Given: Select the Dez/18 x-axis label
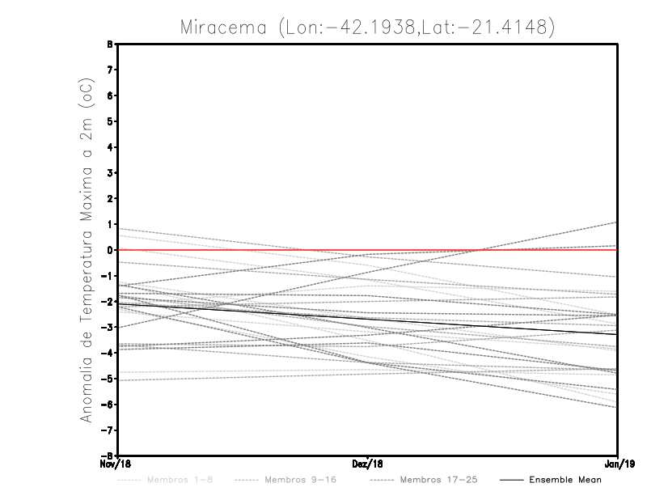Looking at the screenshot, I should [x=368, y=464].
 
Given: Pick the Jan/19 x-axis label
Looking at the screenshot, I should [x=618, y=464].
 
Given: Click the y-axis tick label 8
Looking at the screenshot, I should [x=110, y=44].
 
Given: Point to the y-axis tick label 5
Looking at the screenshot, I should [x=110, y=121].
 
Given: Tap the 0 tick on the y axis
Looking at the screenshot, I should [x=110, y=250].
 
